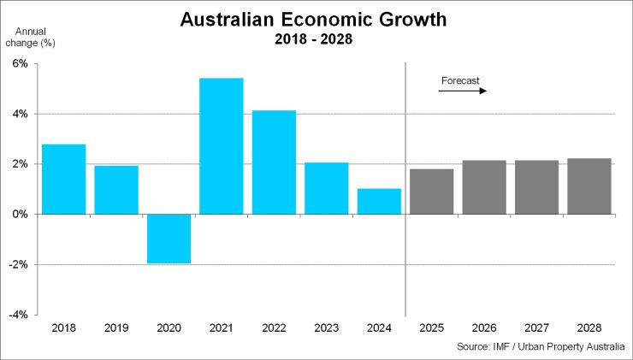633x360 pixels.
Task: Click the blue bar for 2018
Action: click(x=63, y=179)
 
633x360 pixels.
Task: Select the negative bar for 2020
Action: click(x=169, y=239)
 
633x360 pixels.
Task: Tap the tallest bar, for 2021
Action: click(x=221, y=145)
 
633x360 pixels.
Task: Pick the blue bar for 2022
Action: click(x=274, y=162)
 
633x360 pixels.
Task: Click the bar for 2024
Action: click(x=379, y=201)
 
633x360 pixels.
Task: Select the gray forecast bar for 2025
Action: click(x=431, y=192)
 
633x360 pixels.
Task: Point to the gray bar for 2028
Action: click(x=589, y=186)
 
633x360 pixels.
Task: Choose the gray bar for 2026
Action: click(x=484, y=187)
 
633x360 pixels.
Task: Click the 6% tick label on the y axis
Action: click(x=20, y=64)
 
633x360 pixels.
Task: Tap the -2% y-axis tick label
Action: click(x=19, y=265)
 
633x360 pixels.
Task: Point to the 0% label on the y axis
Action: click(x=20, y=215)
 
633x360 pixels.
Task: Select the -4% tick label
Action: click(x=19, y=315)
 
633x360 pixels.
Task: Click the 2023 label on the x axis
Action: click(x=326, y=328)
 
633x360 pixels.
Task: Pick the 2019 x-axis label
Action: click(x=115, y=328)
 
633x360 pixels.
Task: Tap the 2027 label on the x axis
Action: click(x=536, y=328)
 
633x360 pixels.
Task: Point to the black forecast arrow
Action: click(x=462, y=91)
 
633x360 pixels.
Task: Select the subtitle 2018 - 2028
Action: click(x=314, y=38)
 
